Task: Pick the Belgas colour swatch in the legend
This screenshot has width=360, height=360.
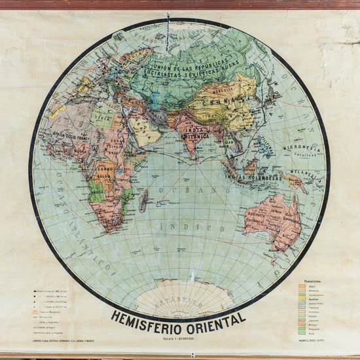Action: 302,285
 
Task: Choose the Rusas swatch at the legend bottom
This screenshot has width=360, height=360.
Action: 302,334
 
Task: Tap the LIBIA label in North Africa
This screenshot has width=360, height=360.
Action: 102,117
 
